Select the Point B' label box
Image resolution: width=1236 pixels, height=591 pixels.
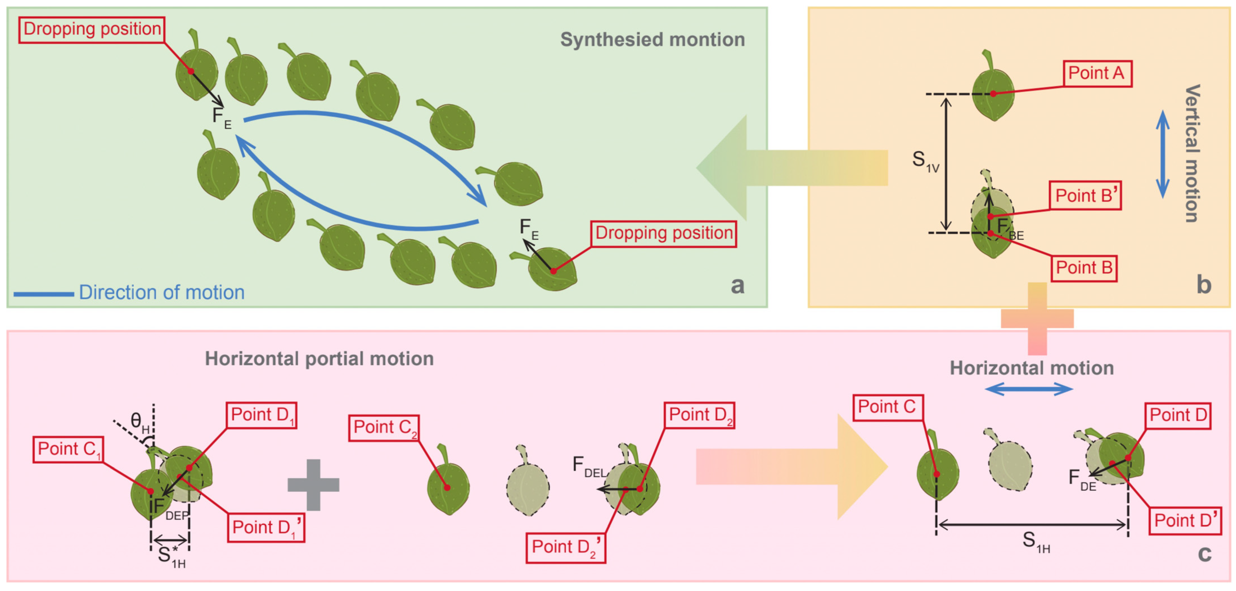tap(1084, 195)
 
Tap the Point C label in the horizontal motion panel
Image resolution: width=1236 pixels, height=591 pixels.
tap(887, 407)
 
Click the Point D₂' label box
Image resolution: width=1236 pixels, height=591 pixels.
tap(565, 547)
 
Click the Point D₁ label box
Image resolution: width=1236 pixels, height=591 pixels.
tap(261, 415)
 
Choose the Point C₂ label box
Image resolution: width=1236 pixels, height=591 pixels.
tap(384, 427)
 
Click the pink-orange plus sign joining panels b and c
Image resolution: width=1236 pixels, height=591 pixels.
tap(1037, 318)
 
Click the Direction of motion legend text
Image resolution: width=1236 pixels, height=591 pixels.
tap(161, 292)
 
